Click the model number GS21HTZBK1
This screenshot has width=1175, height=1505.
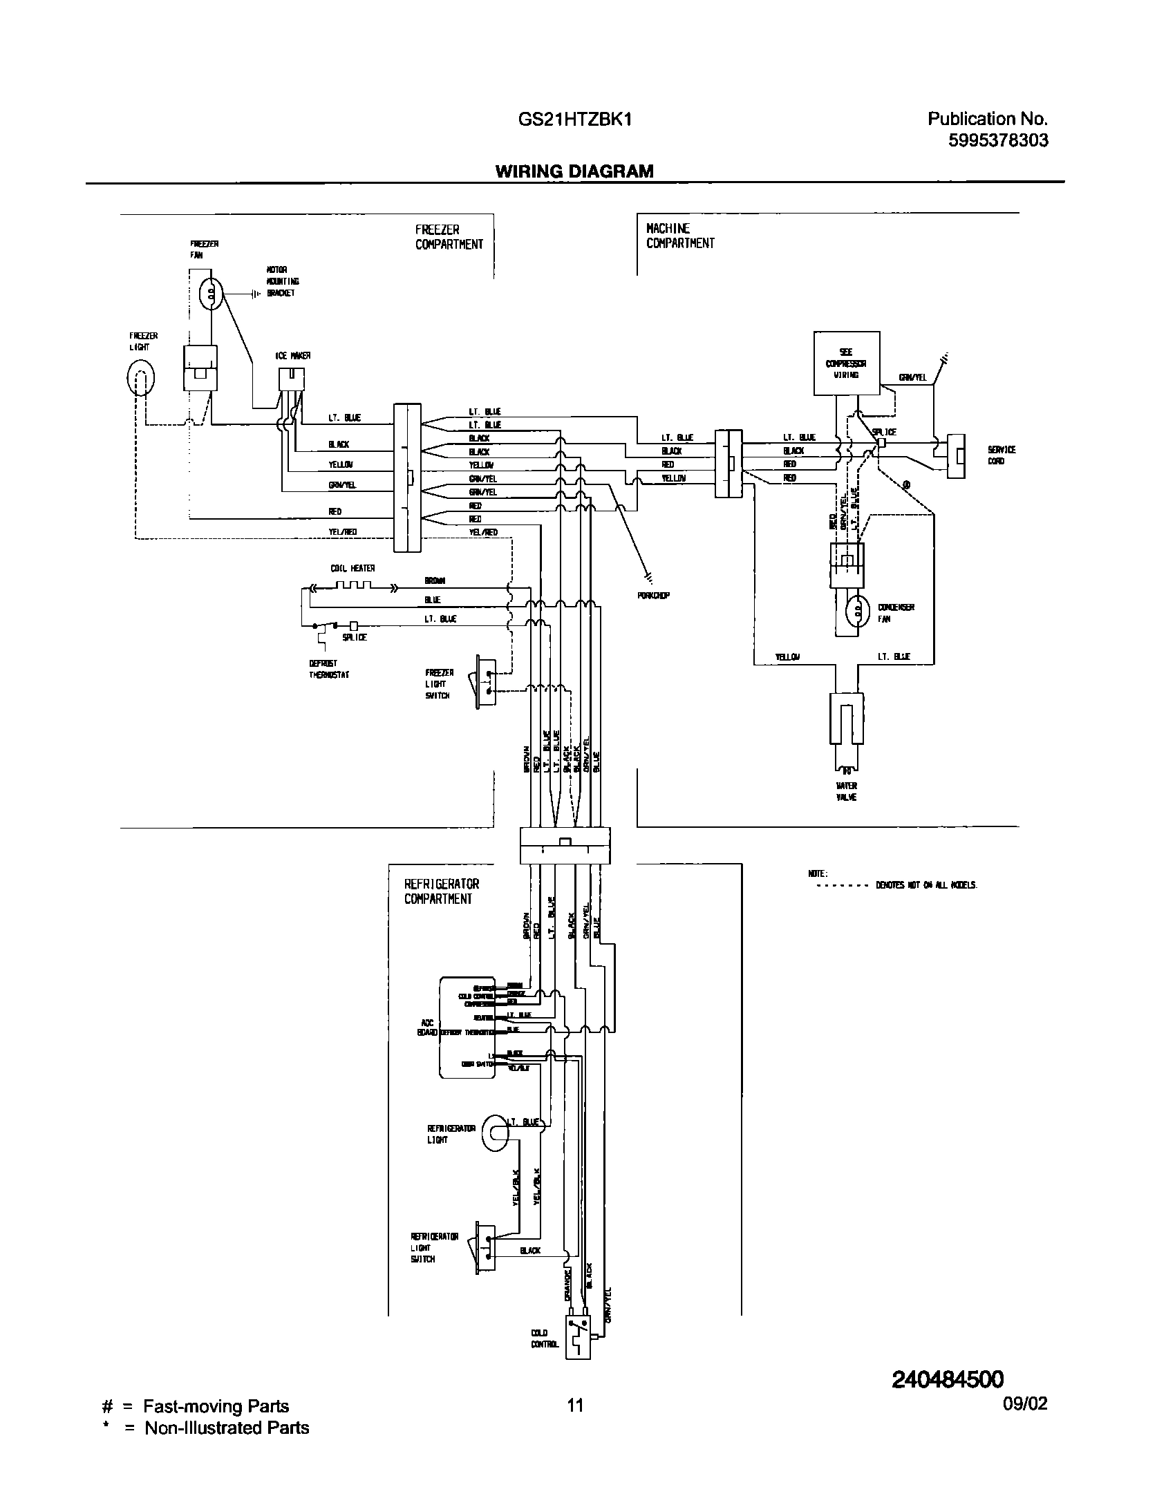(574, 120)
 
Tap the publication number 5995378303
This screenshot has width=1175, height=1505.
(997, 141)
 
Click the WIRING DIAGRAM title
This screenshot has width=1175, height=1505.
(574, 171)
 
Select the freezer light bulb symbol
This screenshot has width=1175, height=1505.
(140, 377)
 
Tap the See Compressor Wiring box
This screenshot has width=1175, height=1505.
(846, 363)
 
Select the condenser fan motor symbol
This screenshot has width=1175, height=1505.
(857, 612)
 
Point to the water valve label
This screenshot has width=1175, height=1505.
(846, 791)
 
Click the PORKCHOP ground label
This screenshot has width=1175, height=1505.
(653, 595)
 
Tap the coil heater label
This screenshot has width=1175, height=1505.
(352, 568)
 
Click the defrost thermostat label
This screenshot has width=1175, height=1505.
(329, 669)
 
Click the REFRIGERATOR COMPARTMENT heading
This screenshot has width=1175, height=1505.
(442, 891)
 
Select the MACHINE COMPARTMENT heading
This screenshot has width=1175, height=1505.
(680, 236)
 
